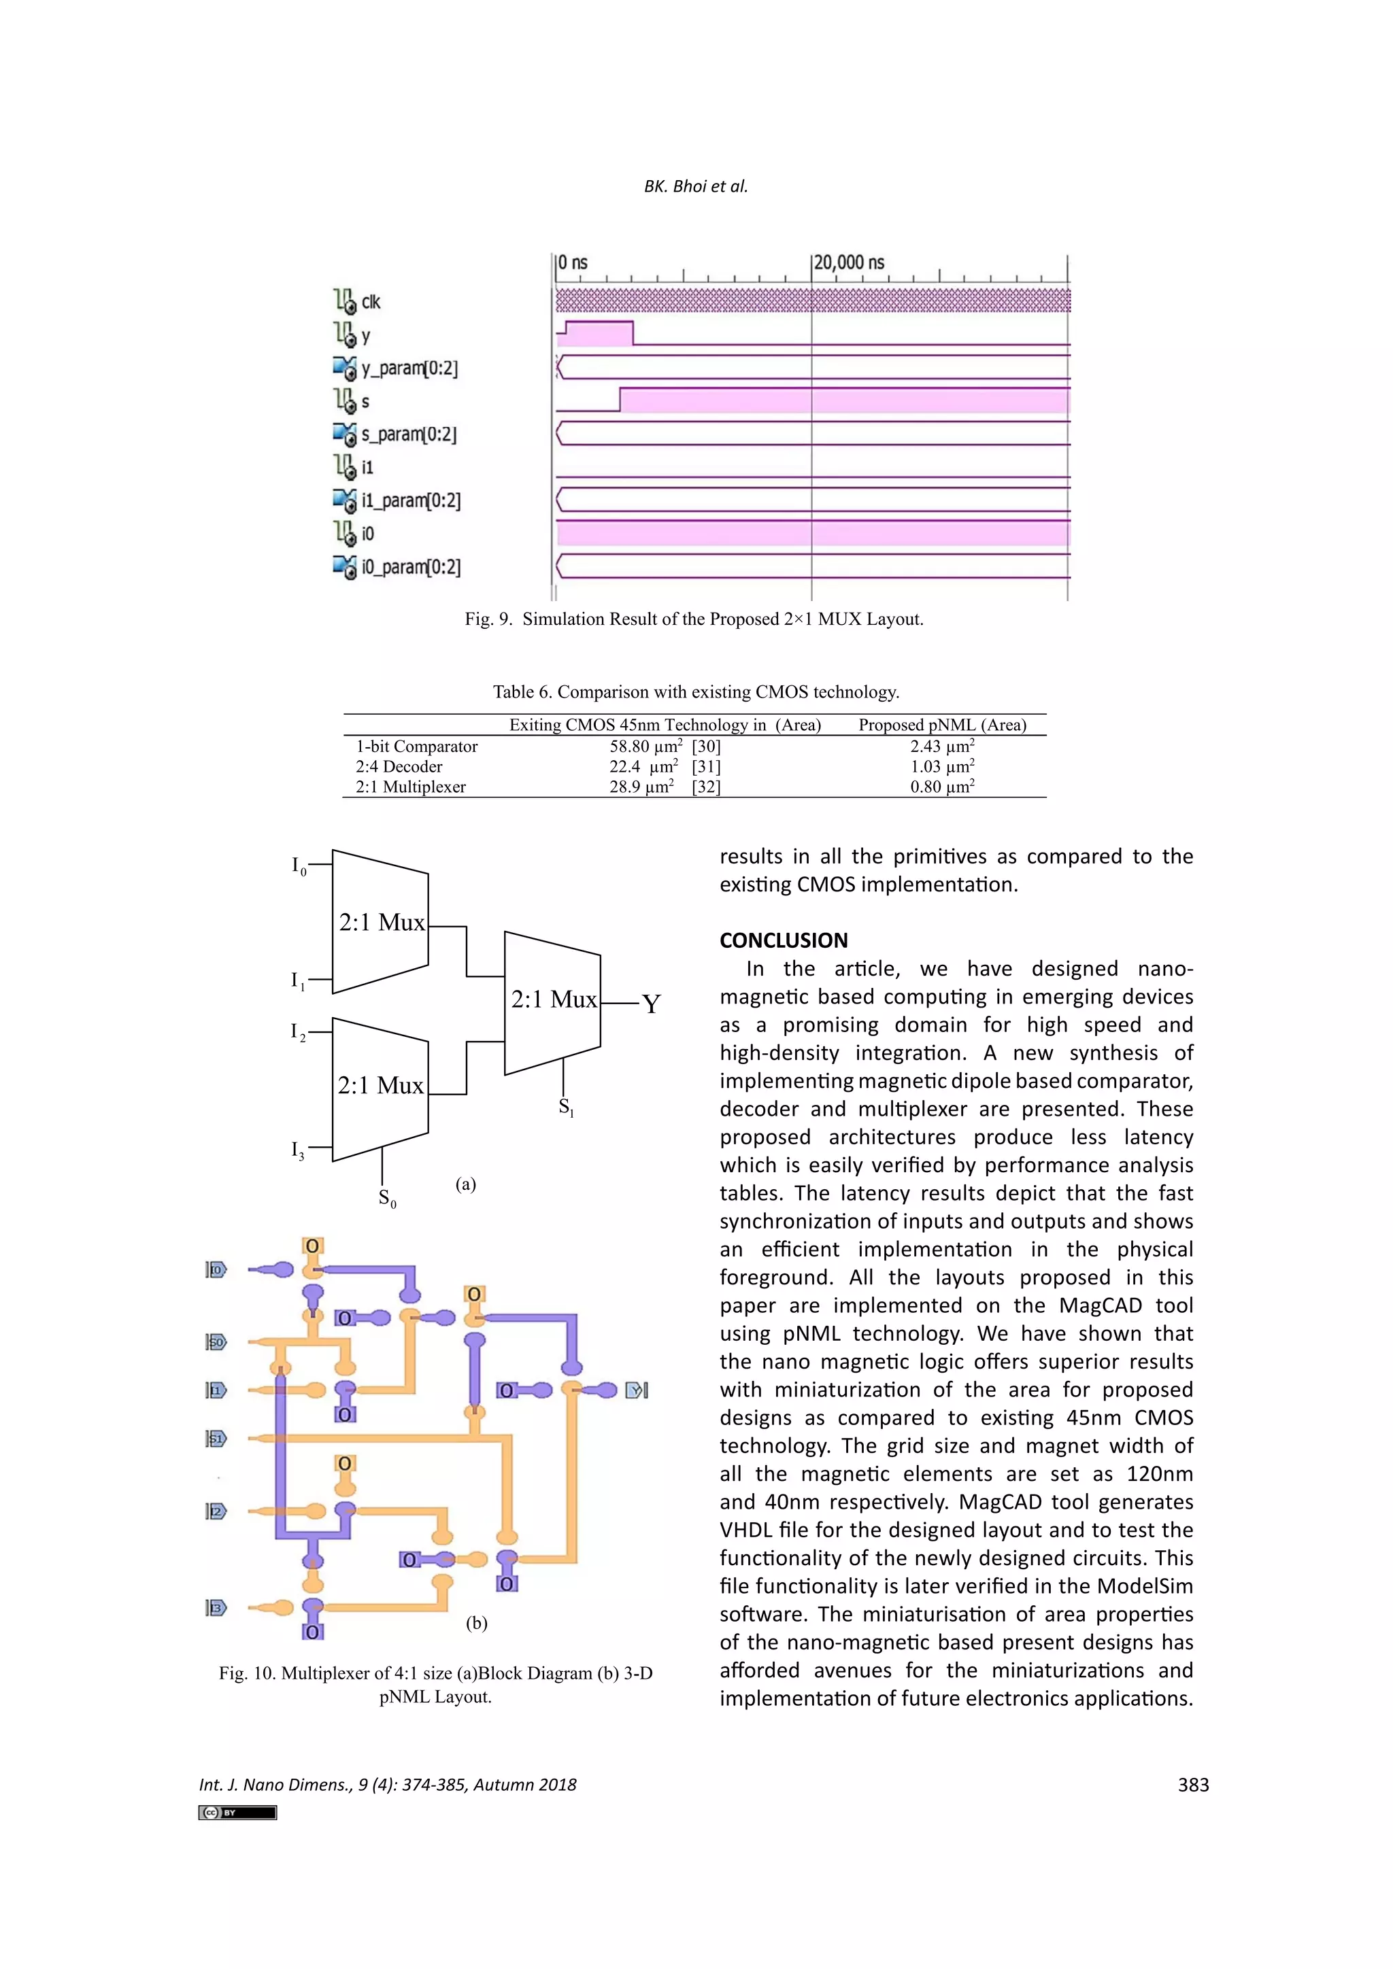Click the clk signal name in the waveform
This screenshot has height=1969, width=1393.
pyautogui.click(x=370, y=302)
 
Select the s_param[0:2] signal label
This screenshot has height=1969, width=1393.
pyautogui.click(x=408, y=434)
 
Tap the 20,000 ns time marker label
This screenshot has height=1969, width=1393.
pyautogui.click(x=848, y=262)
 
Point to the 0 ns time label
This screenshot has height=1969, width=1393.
pyautogui.click(x=572, y=262)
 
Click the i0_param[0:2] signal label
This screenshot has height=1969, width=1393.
pyautogui.click(x=410, y=567)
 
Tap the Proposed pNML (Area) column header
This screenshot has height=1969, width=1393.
pyautogui.click(x=942, y=725)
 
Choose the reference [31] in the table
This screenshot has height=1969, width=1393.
pyautogui.click(x=706, y=767)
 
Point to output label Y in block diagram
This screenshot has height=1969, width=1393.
pyautogui.click(x=651, y=1004)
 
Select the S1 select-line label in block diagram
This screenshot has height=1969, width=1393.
pyautogui.click(x=566, y=1107)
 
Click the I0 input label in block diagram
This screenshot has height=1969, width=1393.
pyautogui.click(x=299, y=866)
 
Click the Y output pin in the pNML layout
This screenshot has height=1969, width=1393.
pyautogui.click(x=637, y=1390)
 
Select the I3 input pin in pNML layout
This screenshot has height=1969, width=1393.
pyautogui.click(x=216, y=1607)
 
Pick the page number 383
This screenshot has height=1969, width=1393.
pyautogui.click(x=1193, y=1785)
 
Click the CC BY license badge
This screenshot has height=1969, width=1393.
pyautogui.click(x=237, y=1812)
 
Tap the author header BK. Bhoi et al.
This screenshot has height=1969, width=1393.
pyautogui.click(x=696, y=186)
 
